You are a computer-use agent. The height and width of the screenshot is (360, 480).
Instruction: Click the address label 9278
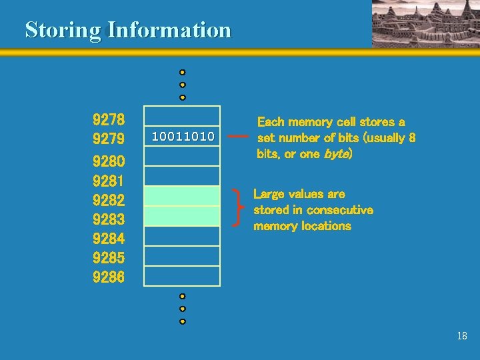[x=108, y=121]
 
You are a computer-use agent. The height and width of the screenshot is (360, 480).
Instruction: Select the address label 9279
[x=108, y=140]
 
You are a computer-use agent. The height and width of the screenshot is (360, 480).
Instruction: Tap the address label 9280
[x=108, y=161]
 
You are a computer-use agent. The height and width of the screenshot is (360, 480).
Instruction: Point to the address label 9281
[x=108, y=181]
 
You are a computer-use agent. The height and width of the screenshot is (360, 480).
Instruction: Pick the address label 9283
[x=108, y=219]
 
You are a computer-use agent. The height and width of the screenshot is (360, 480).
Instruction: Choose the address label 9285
[x=108, y=257]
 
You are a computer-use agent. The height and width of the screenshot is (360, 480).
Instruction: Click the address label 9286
[x=108, y=277]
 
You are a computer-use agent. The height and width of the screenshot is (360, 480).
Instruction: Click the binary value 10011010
[x=183, y=137]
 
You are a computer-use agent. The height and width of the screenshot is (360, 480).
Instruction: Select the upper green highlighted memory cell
[x=183, y=196]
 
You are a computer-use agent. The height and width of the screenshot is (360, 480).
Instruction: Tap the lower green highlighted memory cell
[x=183, y=216]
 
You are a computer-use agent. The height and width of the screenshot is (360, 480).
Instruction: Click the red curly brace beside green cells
[x=239, y=207]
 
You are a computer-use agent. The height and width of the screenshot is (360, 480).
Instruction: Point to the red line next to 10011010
[x=237, y=137]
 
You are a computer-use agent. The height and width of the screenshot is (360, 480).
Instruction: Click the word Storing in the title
[x=63, y=30]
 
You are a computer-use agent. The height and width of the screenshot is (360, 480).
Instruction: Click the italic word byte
[x=337, y=154]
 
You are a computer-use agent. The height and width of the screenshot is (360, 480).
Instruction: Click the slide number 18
[x=462, y=336]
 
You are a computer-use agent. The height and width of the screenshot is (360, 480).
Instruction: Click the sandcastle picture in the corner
[x=425, y=23]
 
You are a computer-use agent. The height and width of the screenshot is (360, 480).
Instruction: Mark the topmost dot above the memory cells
[x=182, y=72]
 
